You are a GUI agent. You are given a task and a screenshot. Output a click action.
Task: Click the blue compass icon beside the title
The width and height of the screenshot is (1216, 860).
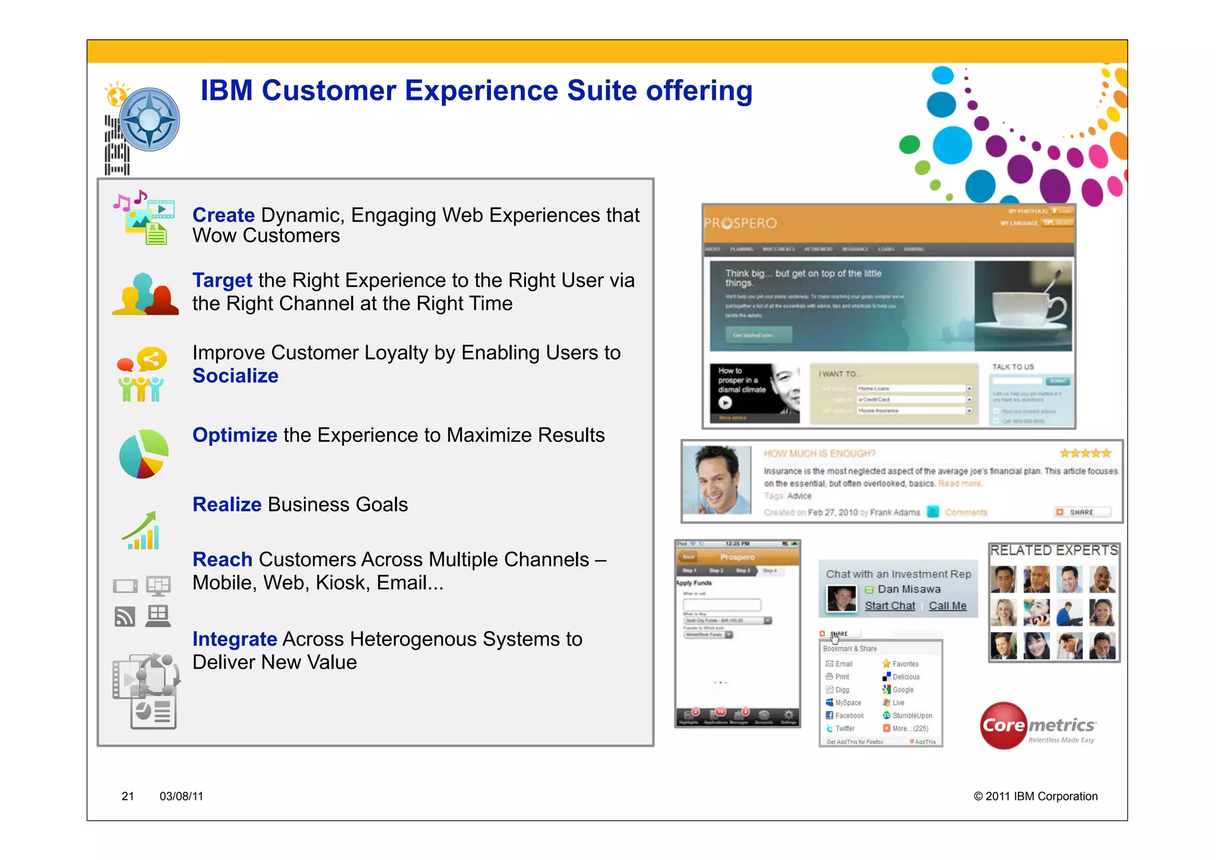coord(149,119)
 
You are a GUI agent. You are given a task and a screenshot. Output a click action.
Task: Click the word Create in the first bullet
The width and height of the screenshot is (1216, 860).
coord(223,215)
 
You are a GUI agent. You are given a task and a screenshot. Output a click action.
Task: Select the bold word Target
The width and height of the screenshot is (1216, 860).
coord(222,280)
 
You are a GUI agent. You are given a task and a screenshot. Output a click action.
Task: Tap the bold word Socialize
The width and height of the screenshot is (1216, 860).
coord(235,376)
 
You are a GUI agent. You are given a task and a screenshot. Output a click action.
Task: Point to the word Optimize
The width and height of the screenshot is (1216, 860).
coord(235,435)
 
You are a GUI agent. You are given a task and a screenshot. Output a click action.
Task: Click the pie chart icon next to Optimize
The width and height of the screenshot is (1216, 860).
coord(144,454)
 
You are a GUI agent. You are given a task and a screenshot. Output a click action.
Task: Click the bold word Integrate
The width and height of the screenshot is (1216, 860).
coord(235,639)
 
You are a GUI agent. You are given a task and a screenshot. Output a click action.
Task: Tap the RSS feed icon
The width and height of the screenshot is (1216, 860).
coord(125,616)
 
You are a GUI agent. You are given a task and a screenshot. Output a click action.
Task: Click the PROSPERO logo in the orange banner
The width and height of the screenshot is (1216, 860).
coord(740,223)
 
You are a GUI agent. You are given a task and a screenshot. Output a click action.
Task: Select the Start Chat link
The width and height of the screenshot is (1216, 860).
coord(889,606)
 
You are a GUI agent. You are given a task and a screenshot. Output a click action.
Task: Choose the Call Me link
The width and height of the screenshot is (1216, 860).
coord(947,606)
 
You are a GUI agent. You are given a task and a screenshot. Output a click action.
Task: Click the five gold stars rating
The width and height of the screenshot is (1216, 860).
coord(1085,453)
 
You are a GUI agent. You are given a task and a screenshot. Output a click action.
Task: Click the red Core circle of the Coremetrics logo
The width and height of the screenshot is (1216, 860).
coord(1003,725)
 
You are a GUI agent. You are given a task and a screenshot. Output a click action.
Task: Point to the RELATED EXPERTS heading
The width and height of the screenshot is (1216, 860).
coord(1053,551)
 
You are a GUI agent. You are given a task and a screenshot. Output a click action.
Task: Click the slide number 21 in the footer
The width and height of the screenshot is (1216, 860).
coord(128,796)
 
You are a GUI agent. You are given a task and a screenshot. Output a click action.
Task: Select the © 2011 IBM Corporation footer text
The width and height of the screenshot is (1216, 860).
coord(1035,796)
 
